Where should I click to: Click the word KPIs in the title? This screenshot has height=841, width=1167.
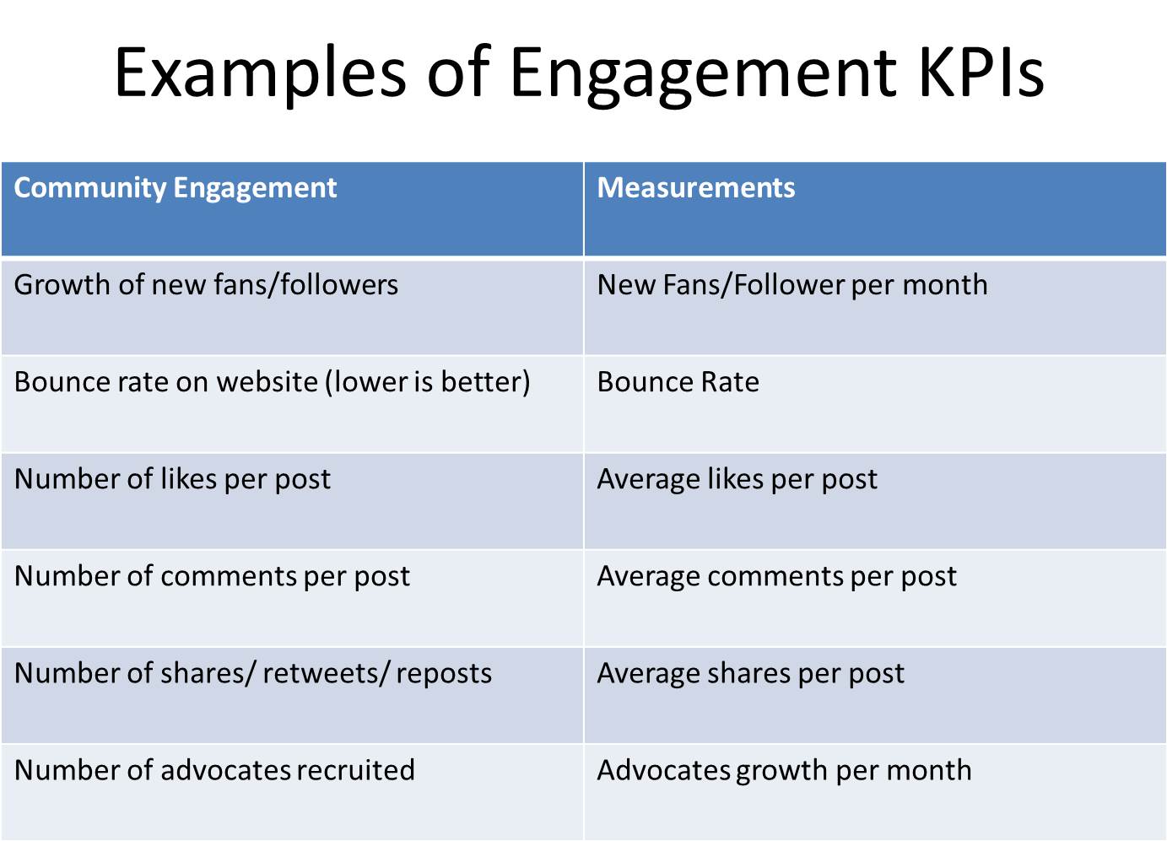(981, 72)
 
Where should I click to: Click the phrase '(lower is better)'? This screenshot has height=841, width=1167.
(427, 382)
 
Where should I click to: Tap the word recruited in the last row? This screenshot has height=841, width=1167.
(355, 770)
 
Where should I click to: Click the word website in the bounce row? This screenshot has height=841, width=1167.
(267, 382)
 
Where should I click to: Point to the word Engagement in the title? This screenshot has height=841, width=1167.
(704, 76)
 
